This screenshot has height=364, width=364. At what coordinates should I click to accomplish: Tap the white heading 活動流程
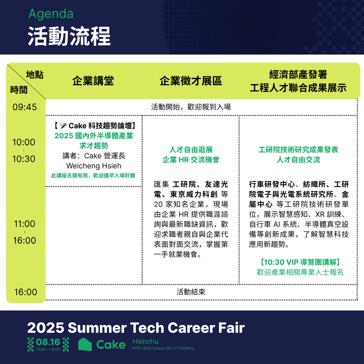tap(69, 36)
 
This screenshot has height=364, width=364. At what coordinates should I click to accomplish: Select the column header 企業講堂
tap(93, 81)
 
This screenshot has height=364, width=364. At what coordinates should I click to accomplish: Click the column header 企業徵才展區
tap(191, 81)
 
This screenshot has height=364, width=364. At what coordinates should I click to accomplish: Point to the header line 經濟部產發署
tap(298, 74)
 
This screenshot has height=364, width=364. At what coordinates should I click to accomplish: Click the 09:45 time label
tap(25, 107)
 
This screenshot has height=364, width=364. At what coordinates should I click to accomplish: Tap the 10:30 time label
tap(24, 159)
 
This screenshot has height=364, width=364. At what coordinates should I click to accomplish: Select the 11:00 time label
tap(25, 224)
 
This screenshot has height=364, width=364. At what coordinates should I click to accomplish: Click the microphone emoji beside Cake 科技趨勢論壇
tap(63, 126)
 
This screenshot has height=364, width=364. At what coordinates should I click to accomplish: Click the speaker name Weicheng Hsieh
tap(94, 166)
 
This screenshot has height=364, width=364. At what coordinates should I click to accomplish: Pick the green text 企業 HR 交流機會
tap(191, 160)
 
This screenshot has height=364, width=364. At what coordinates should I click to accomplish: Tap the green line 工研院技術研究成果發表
tap(298, 150)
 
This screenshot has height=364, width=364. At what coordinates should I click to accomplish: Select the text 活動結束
tap(191, 292)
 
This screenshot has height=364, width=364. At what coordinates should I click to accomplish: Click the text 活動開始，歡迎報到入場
tap(191, 107)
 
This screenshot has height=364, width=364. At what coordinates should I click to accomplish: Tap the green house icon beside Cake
tap(85, 344)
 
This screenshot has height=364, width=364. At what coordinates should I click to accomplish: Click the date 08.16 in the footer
tap(48, 342)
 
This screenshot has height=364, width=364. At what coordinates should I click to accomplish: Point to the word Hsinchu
tap(146, 341)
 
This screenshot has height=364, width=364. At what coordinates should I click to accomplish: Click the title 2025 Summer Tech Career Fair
tap(136, 328)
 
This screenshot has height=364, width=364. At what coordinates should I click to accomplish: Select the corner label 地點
tap(35, 75)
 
